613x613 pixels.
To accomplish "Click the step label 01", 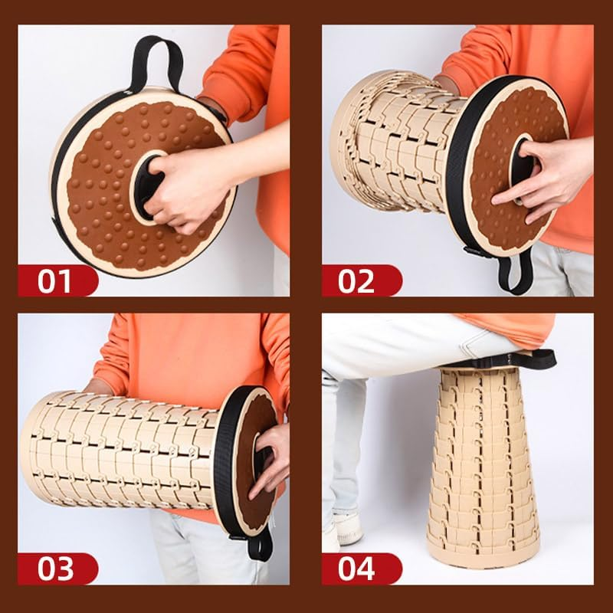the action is [x=54, y=280].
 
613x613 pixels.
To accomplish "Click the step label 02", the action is [x=356, y=280].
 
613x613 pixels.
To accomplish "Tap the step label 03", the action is [x=55, y=569].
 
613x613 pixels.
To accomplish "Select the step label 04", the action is [x=356, y=569].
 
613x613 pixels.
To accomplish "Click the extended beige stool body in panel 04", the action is [x=484, y=465].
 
